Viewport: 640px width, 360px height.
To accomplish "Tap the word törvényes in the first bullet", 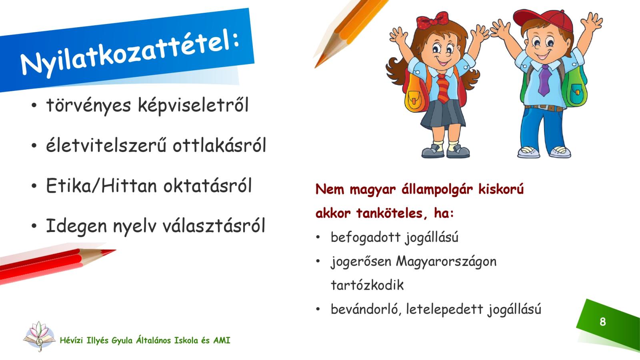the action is point(88,106).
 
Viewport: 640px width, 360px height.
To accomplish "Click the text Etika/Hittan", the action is point(102,186).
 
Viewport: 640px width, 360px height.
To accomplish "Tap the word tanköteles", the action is point(390,214).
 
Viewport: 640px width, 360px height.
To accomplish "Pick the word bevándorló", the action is point(364,309).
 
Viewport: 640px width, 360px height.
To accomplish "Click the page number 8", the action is point(602,322).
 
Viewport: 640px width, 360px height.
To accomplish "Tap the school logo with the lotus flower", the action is point(40,336).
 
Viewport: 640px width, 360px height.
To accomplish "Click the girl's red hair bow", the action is point(432,20).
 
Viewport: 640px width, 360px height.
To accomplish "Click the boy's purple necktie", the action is point(544,80).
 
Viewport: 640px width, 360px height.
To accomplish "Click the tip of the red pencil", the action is point(116,250).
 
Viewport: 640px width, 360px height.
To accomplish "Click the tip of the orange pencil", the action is point(315,68).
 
